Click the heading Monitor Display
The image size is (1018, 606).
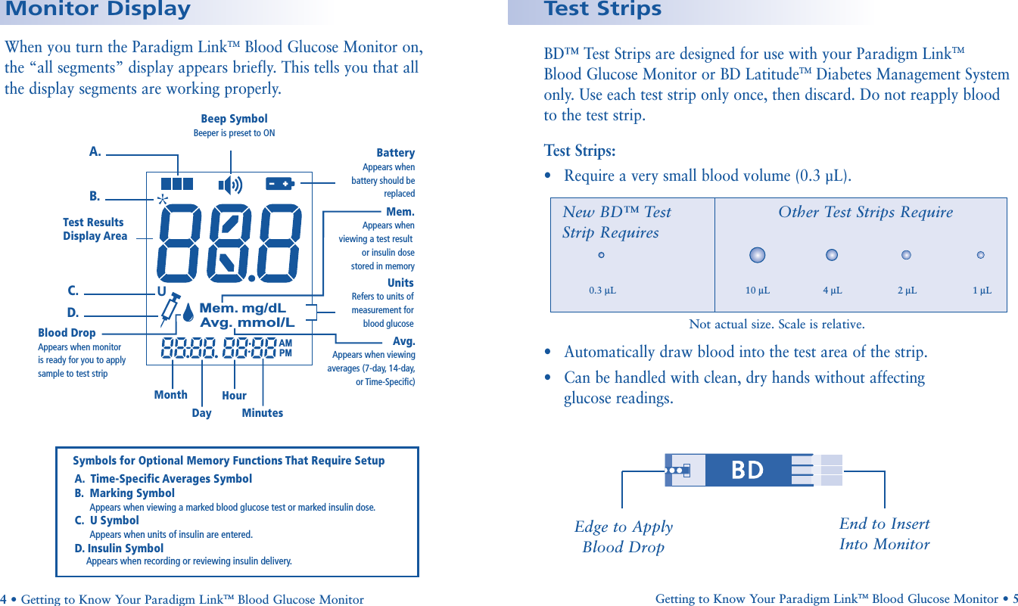click(x=98, y=10)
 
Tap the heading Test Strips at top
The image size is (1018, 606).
click(x=602, y=10)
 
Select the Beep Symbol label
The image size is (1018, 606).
click(x=234, y=119)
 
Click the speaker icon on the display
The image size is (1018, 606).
click(x=230, y=185)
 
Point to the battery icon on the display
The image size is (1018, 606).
click(x=279, y=184)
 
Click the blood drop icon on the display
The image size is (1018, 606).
click(x=188, y=311)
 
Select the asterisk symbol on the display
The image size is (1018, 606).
click(x=162, y=200)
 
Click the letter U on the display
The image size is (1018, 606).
click(x=161, y=291)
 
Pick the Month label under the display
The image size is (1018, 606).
click(x=170, y=395)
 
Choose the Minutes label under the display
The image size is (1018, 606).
click(x=262, y=413)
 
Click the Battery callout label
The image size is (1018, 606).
click(x=395, y=153)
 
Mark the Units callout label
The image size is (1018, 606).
click(x=400, y=283)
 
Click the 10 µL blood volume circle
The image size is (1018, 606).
click(x=757, y=255)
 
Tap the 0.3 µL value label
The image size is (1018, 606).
click(x=602, y=291)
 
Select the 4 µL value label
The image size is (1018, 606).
click(x=832, y=291)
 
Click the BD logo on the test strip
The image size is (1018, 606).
click(x=747, y=471)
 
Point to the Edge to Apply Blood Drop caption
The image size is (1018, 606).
click(x=623, y=536)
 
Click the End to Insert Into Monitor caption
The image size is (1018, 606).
click(x=884, y=533)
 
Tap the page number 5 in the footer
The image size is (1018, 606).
click(x=1014, y=598)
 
